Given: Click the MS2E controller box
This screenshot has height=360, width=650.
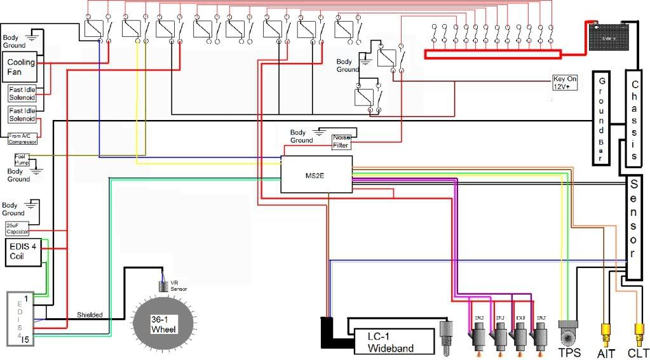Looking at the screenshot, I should point(316,174).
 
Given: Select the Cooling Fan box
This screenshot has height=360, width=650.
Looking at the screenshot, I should point(20,67).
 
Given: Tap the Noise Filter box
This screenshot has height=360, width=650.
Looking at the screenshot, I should point(342,142).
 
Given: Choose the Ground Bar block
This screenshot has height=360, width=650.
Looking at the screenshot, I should point(601,119).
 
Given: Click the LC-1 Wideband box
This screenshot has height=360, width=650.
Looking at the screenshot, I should point(391,341).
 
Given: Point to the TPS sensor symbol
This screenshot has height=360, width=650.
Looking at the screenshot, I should point(569,333).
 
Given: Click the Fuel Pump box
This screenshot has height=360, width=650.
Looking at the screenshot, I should point(22,160).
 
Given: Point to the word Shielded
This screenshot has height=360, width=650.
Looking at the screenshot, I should point(90,315).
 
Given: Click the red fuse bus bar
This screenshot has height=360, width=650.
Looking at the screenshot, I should point(492,55).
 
